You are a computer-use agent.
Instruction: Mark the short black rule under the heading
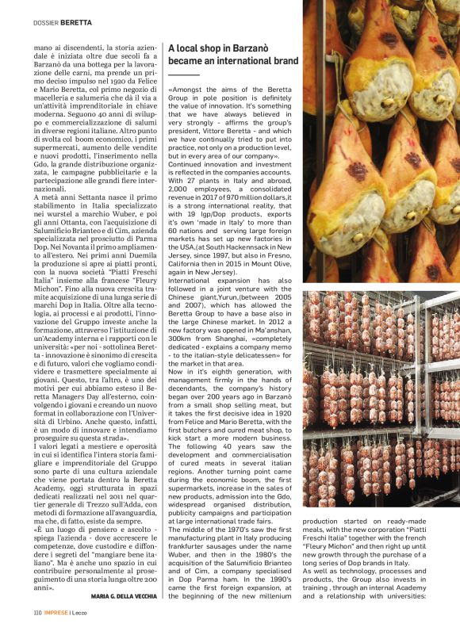click(183, 74)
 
